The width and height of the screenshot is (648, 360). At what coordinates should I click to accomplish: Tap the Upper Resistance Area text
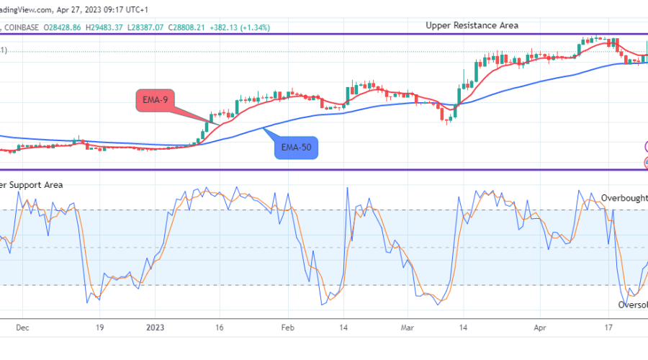pyautogui.click(x=472, y=25)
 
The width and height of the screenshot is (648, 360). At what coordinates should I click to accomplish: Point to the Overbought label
pyautogui.click(x=624, y=197)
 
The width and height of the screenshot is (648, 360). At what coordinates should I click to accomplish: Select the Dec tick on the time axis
pyautogui.click(x=22, y=326)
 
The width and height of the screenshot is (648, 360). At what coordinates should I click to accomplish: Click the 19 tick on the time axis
pyautogui.click(x=100, y=326)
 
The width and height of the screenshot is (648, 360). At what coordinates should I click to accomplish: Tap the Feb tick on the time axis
pyautogui.click(x=287, y=326)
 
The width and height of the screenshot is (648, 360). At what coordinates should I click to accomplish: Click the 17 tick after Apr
pyautogui.click(x=608, y=326)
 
